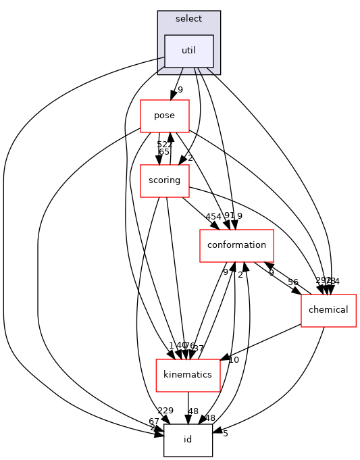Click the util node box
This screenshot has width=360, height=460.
point(189,51)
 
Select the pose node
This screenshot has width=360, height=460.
point(164,116)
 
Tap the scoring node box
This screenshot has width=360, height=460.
point(164,180)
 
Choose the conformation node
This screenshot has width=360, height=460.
point(236,245)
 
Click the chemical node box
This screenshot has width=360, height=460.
point(328,310)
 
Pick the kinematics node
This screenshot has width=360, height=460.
point(188,375)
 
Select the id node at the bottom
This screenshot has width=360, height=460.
point(188,440)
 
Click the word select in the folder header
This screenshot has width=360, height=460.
point(188,19)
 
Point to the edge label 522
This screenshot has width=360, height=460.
point(165,145)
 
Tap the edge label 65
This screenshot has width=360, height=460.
point(163,152)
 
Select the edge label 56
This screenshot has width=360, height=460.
point(293,282)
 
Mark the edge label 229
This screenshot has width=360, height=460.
point(165,411)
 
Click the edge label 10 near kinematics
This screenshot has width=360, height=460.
point(234,359)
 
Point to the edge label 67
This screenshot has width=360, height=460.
point(155,421)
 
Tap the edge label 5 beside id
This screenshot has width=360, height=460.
point(226,434)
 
